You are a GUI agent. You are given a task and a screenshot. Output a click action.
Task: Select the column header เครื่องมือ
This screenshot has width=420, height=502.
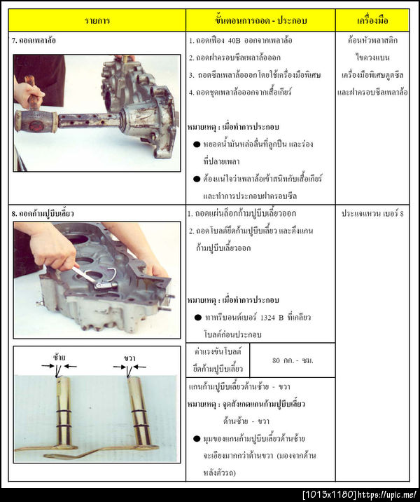372,20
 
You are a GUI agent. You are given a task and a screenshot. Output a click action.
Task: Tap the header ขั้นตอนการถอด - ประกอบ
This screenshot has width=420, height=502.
260,20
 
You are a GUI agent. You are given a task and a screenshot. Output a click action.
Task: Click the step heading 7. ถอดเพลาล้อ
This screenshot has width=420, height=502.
34,41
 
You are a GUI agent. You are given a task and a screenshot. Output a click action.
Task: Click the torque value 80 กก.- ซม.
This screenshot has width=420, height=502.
292,360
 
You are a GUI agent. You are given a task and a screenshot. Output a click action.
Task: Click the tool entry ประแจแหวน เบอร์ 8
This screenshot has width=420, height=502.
372,213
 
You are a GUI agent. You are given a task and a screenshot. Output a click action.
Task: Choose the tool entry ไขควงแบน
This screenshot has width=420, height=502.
372,58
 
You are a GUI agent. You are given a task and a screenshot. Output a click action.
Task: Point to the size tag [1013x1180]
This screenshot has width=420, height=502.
329,495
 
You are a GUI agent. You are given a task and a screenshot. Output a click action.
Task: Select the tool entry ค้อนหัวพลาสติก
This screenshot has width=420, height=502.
372,41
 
